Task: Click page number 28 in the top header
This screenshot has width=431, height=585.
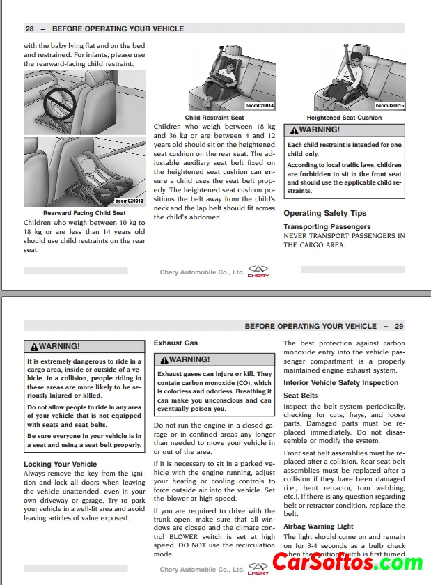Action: tap(30, 29)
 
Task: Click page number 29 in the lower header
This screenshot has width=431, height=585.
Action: tap(399, 326)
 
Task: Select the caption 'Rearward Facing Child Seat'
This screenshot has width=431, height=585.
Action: tap(84, 213)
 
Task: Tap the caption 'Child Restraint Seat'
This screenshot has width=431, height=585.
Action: tap(214, 118)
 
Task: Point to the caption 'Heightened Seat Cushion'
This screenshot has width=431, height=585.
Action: tap(344, 118)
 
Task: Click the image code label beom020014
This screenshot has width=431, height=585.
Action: tap(259, 106)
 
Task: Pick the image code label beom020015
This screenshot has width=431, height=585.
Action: tap(389, 106)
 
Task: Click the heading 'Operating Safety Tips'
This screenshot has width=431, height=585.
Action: tap(324, 213)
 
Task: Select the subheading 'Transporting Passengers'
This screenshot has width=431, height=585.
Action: tap(327, 226)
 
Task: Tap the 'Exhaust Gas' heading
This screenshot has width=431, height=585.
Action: tap(175, 343)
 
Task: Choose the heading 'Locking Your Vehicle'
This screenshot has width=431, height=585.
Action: tap(61, 464)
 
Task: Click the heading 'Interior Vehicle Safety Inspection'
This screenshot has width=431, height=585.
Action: tap(340, 382)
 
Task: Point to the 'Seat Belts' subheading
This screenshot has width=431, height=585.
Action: tap(300, 396)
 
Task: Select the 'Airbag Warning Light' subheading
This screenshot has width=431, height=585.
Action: tap(318, 526)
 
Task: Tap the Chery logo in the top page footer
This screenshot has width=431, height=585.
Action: tap(258, 272)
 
